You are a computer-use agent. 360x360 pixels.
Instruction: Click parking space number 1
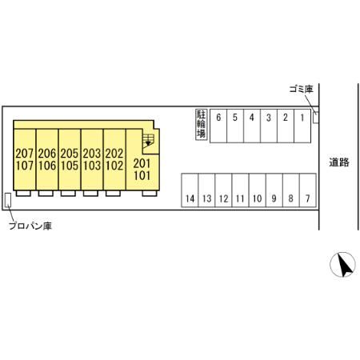pos(302,126)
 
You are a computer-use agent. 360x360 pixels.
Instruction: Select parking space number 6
pos(218,126)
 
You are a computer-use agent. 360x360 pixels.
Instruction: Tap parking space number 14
pos(190,190)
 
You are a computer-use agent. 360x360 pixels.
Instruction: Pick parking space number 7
pos(308,190)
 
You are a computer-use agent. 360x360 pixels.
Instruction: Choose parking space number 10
pos(258,190)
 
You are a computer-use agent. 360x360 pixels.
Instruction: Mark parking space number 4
pos(252,126)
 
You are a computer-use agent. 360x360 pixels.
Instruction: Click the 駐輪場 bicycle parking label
pos(201,125)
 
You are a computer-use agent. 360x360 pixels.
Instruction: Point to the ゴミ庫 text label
pos(301,89)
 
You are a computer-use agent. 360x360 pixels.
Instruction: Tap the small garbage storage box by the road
pos(316,118)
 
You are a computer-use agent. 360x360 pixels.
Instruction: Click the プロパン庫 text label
pos(30,226)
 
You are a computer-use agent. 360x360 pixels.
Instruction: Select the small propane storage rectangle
pos(8,200)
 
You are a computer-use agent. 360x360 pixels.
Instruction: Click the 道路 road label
pos(339,162)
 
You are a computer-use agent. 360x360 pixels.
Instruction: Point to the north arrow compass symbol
pos(342,264)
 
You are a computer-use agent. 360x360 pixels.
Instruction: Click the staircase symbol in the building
pos(148,140)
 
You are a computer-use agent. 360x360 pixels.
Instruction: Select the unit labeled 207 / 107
pos(25,159)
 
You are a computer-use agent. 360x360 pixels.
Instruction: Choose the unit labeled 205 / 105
pos(70,159)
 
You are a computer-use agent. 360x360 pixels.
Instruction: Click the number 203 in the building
pos(92,154)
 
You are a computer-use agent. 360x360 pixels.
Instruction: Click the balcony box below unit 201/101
pos(150,194)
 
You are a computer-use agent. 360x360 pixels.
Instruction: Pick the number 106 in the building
pos(47,166)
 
